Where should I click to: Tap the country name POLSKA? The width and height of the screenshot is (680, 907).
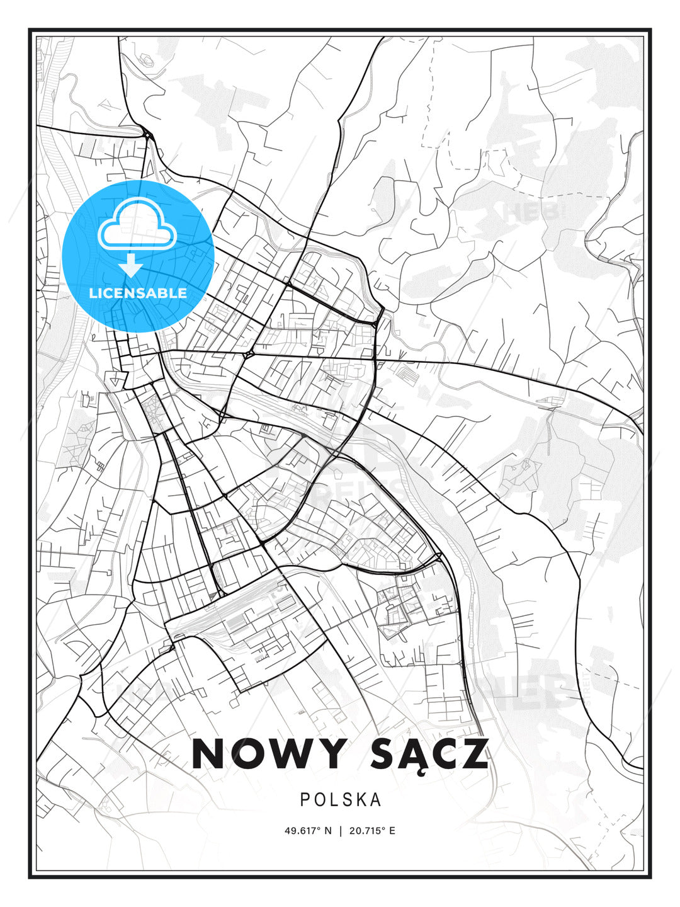341,799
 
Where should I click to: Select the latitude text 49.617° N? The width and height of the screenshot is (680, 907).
308,831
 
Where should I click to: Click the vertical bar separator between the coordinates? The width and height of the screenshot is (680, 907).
341,831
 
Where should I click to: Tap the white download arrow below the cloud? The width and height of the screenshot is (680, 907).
131,265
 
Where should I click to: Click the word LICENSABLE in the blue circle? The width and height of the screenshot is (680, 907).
138,293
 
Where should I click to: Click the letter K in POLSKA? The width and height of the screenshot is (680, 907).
361,799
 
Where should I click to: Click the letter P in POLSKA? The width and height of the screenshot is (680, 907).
305,799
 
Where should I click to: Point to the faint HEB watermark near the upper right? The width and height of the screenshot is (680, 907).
533,212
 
